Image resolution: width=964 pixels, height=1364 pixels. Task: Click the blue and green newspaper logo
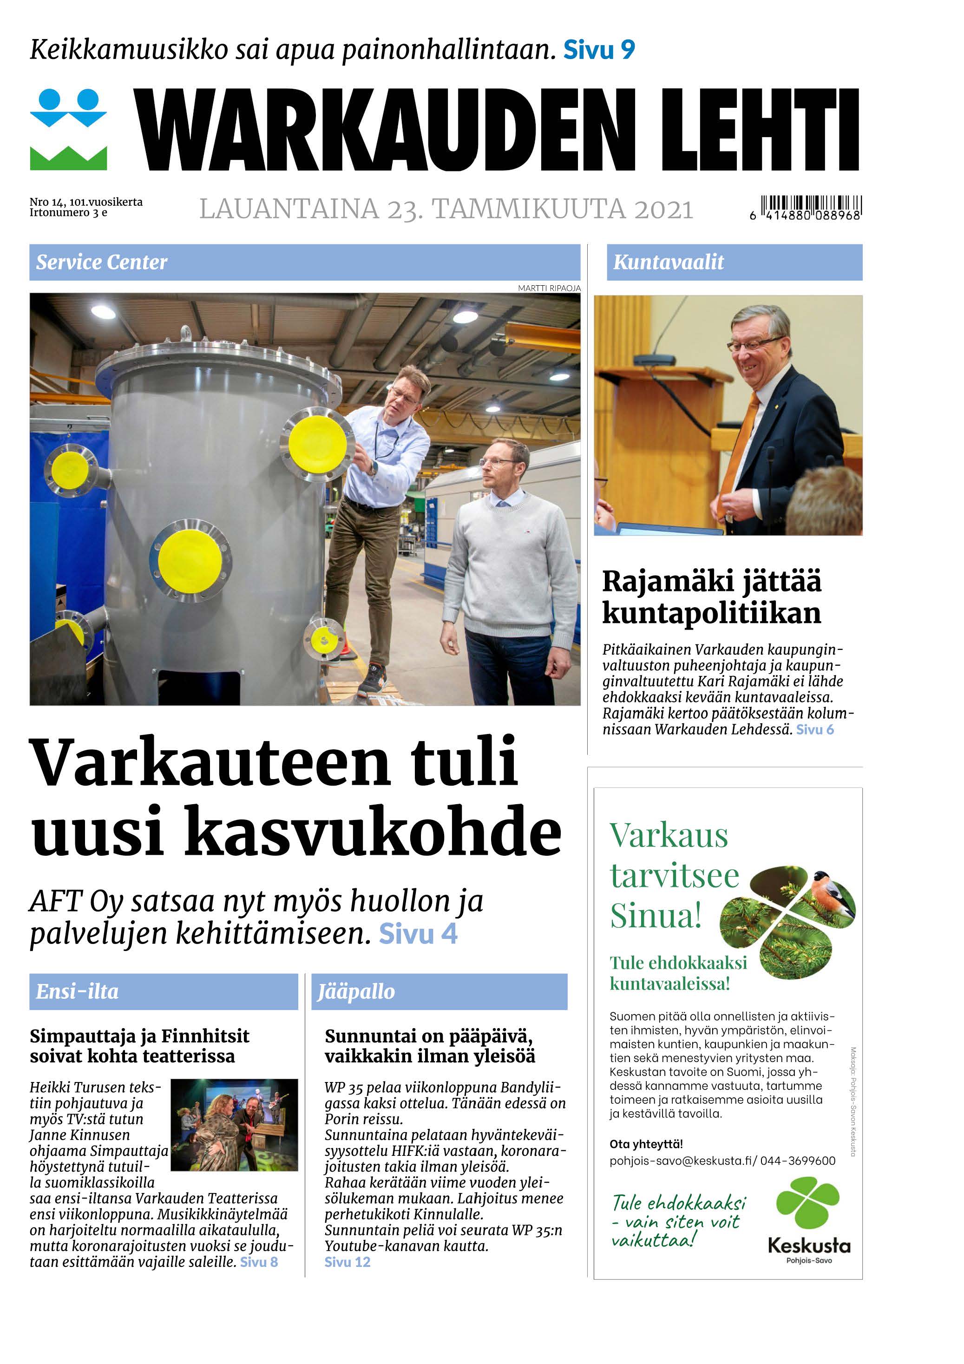click(68, 130)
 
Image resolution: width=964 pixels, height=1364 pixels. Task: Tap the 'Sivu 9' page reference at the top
click(599, 50)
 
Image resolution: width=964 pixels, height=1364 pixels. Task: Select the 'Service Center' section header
click(102, 262)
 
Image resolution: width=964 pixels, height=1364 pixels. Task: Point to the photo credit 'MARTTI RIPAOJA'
click(549, 288)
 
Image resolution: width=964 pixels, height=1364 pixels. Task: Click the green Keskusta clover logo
click(808, 1202)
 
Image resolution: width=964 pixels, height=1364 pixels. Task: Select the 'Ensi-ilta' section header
click(77, 991)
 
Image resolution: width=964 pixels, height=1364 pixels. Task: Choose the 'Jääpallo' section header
click(356, 991)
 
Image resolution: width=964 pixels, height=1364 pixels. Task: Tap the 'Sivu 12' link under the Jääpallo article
click(348, 1262)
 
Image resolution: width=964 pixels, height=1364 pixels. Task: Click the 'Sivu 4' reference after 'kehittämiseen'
click(418, 934)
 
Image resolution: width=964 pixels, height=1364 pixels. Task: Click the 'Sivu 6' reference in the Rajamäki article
click(815, 729)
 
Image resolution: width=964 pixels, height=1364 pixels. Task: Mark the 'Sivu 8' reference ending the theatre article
click(259, 1262)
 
